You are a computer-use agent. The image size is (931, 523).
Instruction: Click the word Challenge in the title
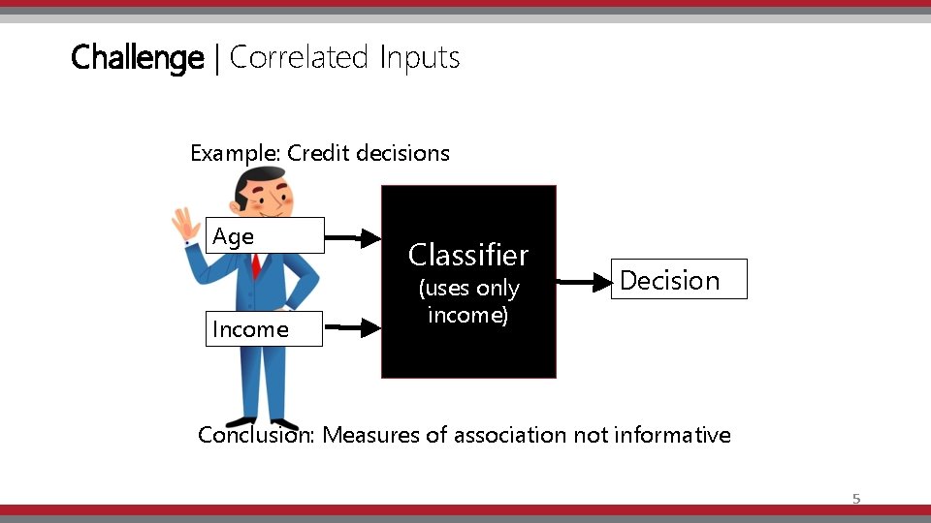coord(137,58)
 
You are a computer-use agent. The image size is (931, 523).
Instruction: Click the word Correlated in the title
coord(299,58)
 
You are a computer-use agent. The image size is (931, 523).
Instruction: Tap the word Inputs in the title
coord(419,58)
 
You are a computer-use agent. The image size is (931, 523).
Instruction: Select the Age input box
coord(265,235)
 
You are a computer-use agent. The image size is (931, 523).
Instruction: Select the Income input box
coord(264,329)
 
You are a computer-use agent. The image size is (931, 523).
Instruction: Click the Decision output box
coord(679,280)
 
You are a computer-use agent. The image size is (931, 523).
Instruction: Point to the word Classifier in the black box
coord(468,255)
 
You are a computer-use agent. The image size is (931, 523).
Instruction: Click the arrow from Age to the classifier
coord(353,235)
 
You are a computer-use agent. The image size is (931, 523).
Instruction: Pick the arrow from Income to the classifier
coord(353,329)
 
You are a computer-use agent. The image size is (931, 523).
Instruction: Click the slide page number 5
coord(855,499)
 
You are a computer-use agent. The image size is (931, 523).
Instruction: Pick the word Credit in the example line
coord(319,153)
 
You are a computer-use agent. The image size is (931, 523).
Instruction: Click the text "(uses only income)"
coord(468,301)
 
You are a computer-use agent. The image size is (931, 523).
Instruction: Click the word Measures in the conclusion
coord(371,435)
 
